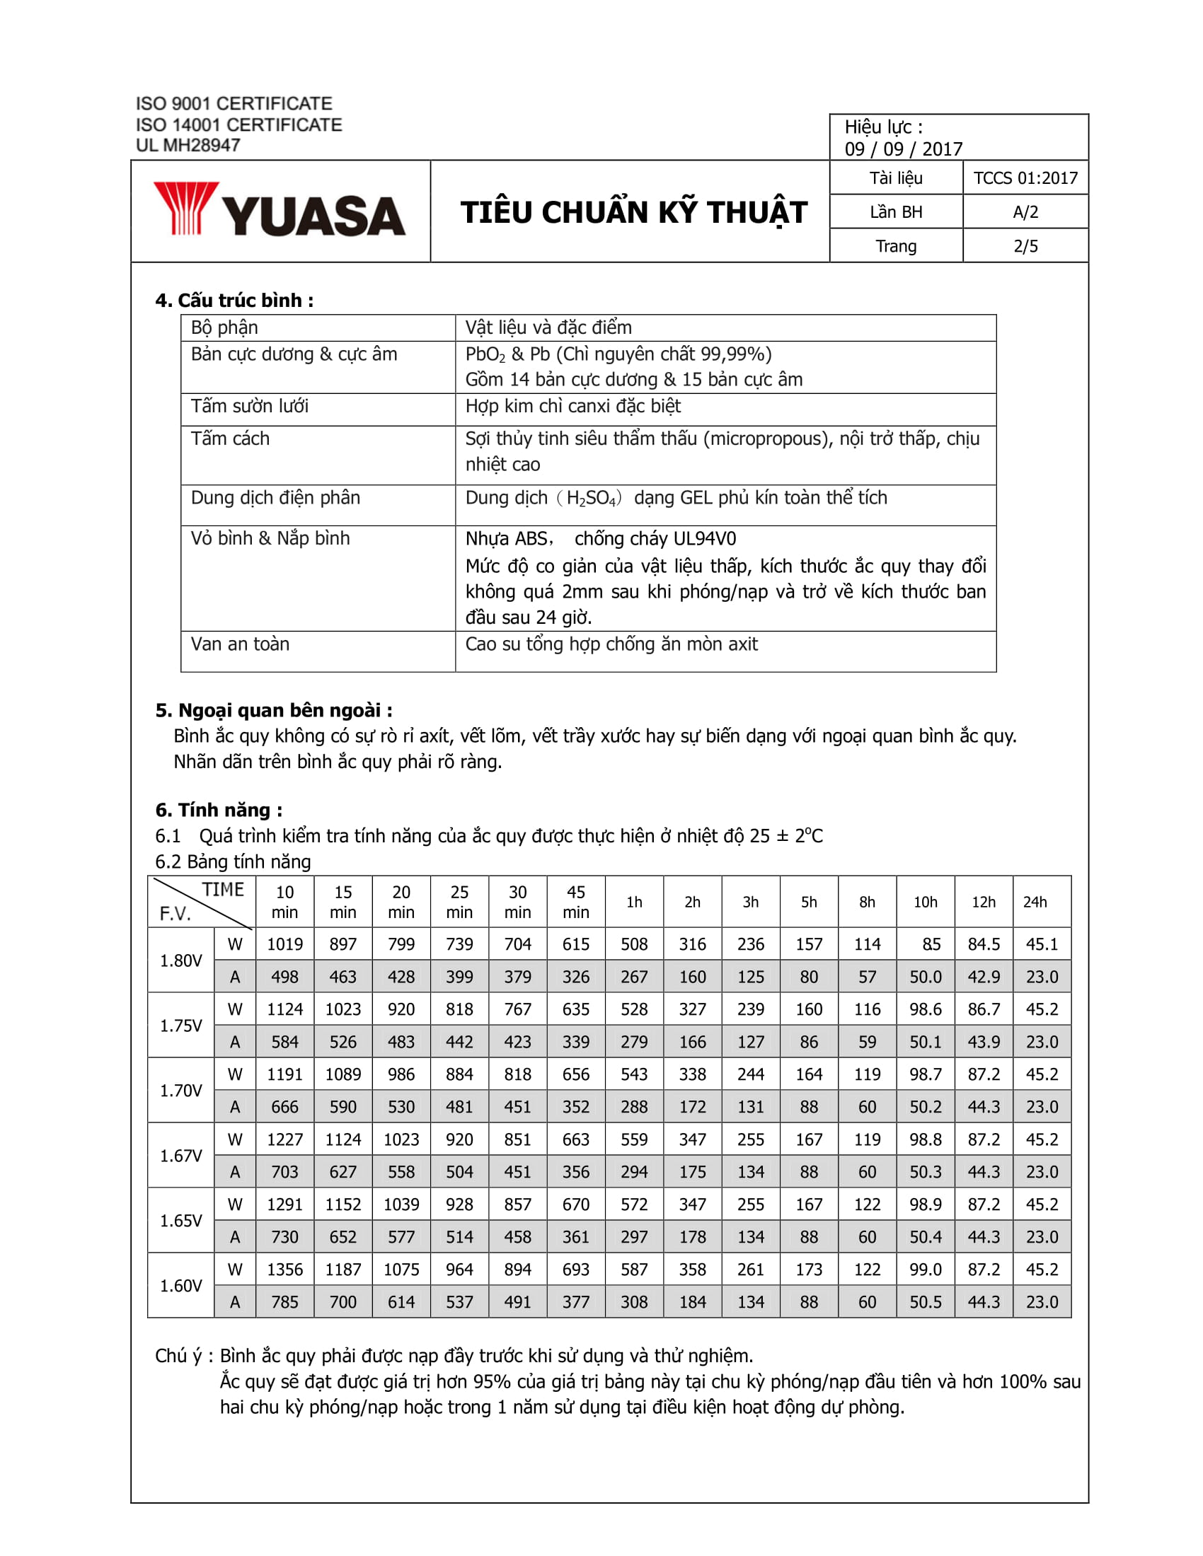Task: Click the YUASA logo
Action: tap(280, 209)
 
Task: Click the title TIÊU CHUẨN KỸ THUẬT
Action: tap(633, 212)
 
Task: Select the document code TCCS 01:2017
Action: tap(1025, 178)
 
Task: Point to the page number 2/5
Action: tap(1025, 247)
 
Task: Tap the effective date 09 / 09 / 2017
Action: tap(903, 149)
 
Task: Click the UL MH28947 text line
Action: tap(188, 145)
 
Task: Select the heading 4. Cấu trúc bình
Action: tap(234, 301)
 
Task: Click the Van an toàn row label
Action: tap(240, 644)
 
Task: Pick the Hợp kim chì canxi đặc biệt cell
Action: tap(573, 406)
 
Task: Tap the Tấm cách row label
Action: tap(230, 439)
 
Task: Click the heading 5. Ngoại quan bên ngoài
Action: tap(274, 710)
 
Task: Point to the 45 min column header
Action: tap(575, 902)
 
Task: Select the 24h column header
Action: tap(1035, 902)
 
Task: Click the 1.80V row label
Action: tap(181, 960)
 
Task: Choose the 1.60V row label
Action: tap(181, 1285)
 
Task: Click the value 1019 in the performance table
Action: tap(284, 944)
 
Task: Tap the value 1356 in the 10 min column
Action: tap(284, 1269)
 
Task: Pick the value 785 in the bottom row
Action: tap(284, 1301)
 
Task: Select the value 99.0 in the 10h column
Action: tap(925, 1269)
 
